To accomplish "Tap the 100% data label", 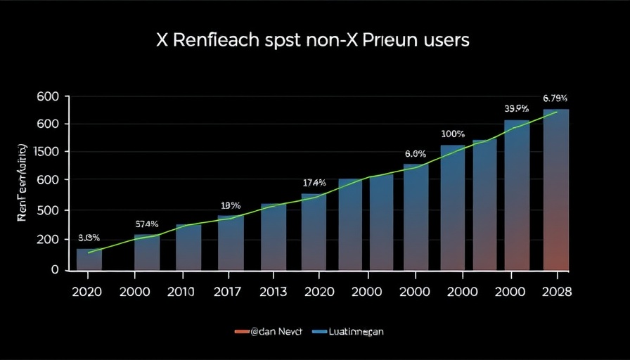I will pyautogui.click(x=453, y=134).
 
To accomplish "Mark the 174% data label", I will pyautogui.click(x=314, y=183).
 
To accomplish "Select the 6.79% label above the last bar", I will pyautogui.click(x=555, y=98).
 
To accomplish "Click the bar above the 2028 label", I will pyautogui.click(x=556, y=190).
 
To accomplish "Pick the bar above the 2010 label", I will pyautogui.click(x=188, y=247).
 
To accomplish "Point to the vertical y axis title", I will pyautogui.click(x=22, y=183).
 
